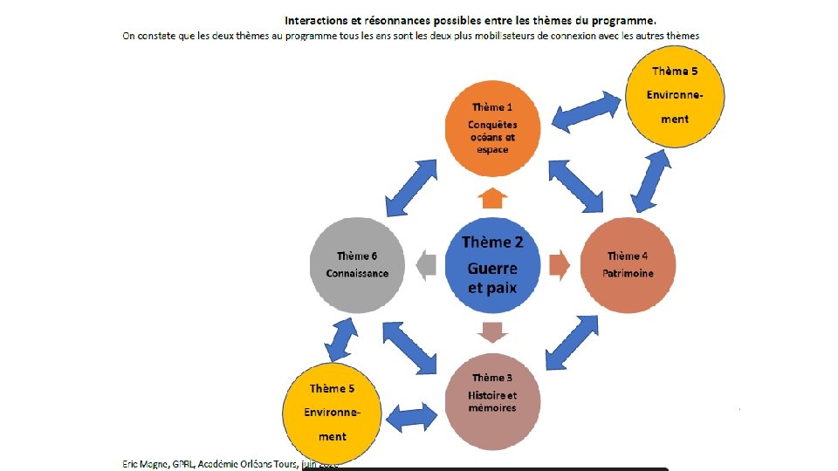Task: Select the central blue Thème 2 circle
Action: point(493,263)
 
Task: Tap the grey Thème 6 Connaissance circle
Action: point(357,263)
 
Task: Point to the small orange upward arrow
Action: point(493,197)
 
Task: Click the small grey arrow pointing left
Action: point(425,263)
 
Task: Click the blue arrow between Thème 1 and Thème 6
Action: point(409,187)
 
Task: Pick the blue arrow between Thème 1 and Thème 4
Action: point(575,187)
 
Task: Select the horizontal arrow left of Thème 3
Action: point(411,417)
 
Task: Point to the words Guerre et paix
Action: point(493,277)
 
